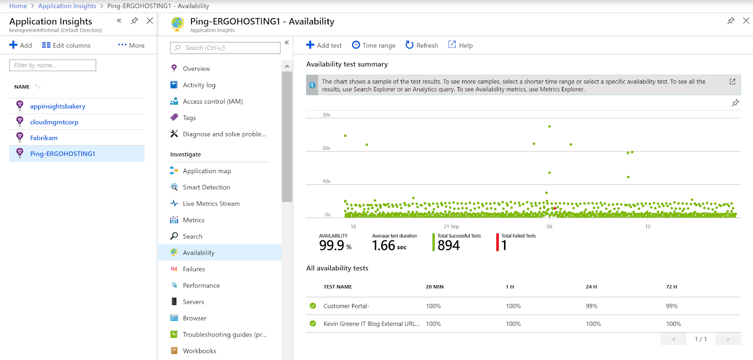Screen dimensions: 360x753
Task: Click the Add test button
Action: (324, 45)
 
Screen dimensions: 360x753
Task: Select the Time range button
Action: (374, 45)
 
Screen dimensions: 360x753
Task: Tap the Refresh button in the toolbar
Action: (422, 45)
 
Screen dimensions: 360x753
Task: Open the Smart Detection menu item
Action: (206, 187)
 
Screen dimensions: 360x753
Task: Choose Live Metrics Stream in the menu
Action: (211, 204)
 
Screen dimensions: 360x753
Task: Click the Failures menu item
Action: (193, 269)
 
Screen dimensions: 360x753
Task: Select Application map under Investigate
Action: (207, 171)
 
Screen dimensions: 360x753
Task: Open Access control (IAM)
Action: (213, 101)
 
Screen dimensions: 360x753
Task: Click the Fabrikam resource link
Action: (44, 138)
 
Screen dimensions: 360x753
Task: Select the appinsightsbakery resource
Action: (57, 106)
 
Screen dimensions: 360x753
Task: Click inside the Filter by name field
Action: (53, 65)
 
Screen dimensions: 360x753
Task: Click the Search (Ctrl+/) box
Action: (225, 48)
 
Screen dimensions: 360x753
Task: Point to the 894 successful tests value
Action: (449, 245)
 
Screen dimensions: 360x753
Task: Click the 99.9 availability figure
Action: (332, 245)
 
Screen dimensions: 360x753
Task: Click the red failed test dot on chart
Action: (555, 208)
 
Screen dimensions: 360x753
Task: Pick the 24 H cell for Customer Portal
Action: (592, 306)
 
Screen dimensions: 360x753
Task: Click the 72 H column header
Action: (672, 287)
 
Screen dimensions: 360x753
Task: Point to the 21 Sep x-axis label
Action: (451, 226)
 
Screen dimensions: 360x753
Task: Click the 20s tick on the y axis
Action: (326, 148)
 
